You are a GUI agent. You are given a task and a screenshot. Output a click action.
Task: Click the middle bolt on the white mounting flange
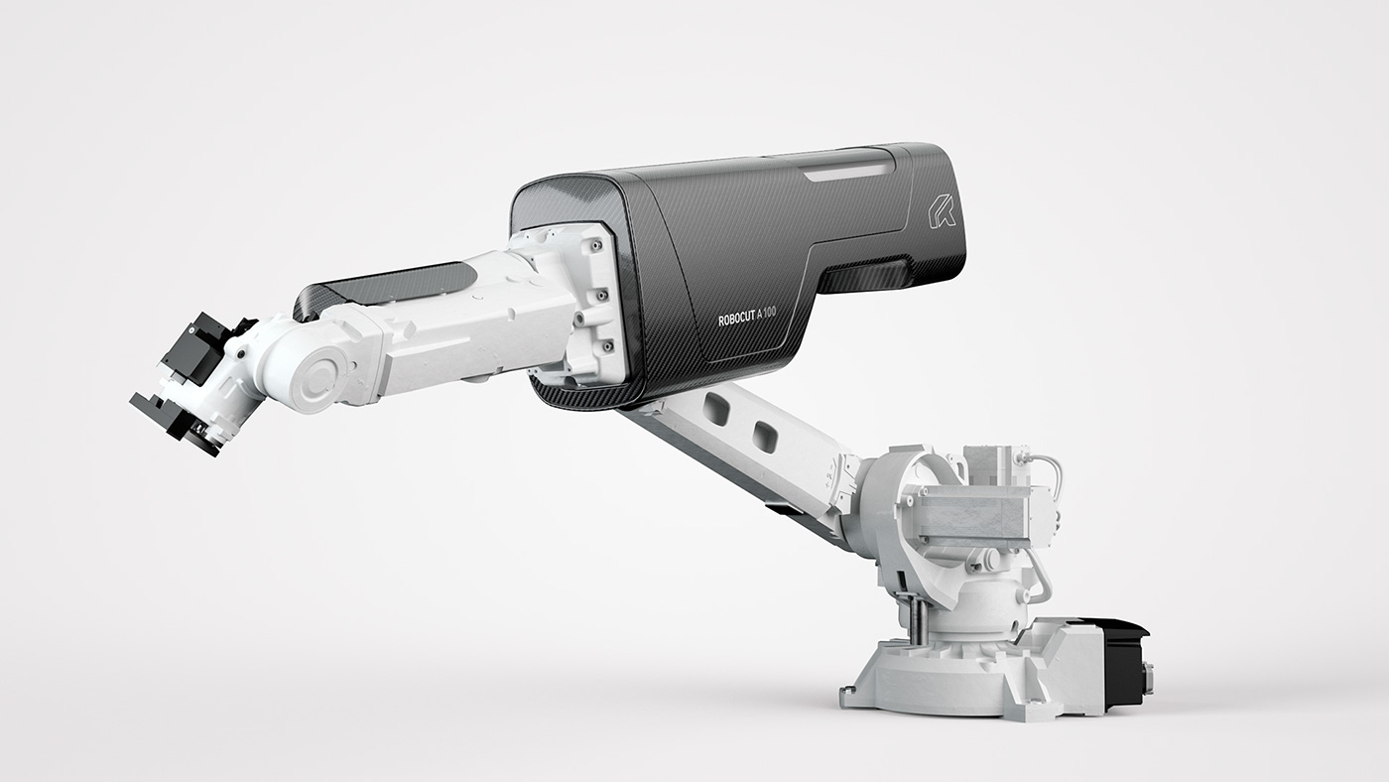[x=601, y=296]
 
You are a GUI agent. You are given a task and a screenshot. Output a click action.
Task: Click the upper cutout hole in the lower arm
[x=716, y=405]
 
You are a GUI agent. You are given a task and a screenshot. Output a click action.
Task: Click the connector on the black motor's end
[x=1148, y=676]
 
